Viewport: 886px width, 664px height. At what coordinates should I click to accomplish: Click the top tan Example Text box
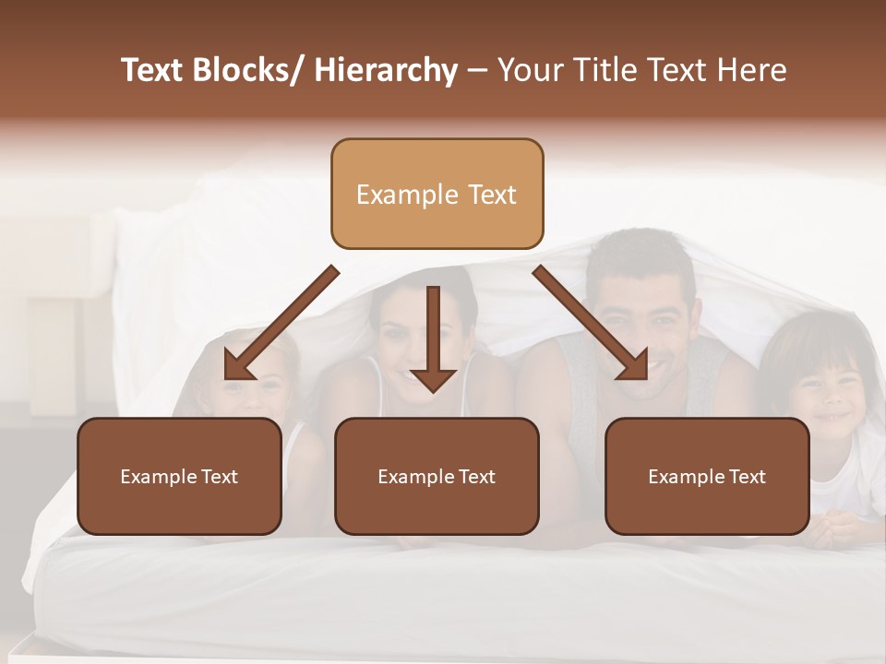[x=437, y=194]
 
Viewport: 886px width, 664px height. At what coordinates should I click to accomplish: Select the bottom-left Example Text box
[x=179, y=476]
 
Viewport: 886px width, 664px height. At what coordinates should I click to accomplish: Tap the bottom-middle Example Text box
[x=437, y=476]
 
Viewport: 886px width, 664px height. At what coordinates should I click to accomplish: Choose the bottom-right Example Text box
[x=707, y=476]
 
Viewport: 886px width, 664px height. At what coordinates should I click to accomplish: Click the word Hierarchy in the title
[x=386, y=70]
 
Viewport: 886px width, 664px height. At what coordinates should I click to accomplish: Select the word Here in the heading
[x=751, y=70]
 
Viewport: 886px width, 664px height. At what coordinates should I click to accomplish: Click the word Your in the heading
[x=528, y=70]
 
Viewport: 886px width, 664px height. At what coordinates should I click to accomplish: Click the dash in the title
[x=477, y=70]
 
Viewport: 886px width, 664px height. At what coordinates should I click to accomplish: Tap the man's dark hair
[x=642, y=254]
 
